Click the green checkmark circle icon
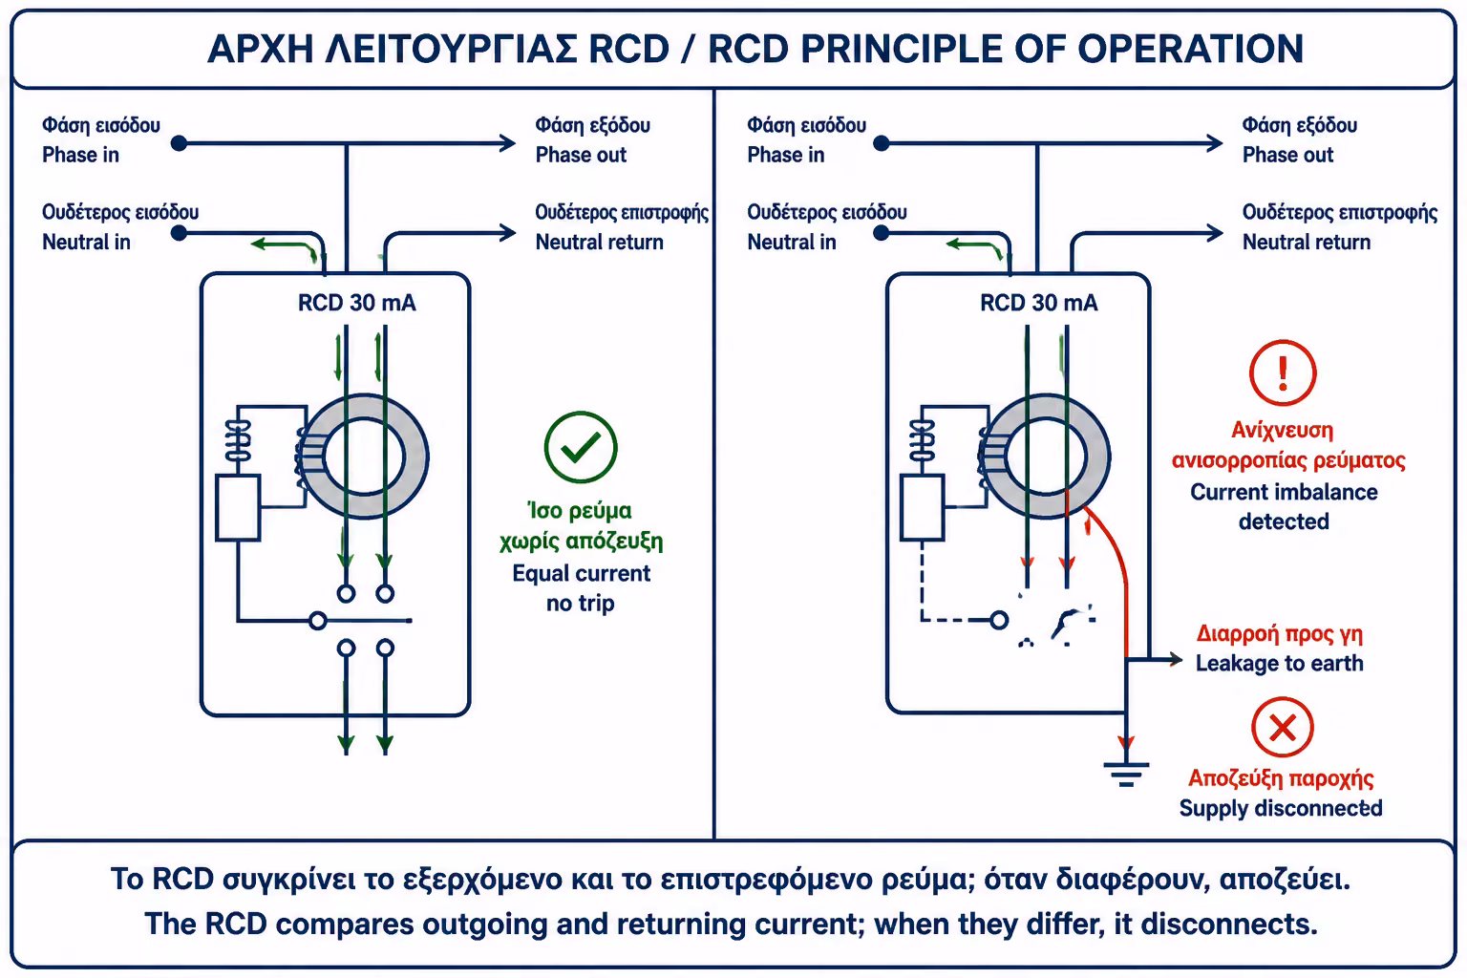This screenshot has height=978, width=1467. (581, 447)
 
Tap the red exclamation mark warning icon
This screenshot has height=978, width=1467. (1283, 372)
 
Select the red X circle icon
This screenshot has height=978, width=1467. (1283, 727)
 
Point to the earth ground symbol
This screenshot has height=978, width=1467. (1126, 774)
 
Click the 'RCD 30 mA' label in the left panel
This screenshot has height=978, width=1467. (357, 303)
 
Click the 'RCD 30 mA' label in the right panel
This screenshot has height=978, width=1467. (1039, 303)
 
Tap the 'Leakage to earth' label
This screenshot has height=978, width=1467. (1279, 663)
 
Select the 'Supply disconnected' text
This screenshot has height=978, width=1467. (1281, 808)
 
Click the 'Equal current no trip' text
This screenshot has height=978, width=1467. (581, 587)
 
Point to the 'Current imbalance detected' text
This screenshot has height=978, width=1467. (1284, 506)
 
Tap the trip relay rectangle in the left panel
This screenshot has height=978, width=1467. (238, 508)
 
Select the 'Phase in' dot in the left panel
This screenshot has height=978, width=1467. (179, 143)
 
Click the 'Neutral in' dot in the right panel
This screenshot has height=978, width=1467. (881, 232)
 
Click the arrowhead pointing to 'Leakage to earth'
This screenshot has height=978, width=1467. (1176, 660)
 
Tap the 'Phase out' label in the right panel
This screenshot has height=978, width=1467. (1287, 155)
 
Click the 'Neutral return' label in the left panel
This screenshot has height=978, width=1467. (599, 243)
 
